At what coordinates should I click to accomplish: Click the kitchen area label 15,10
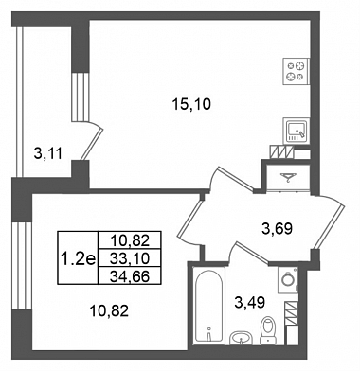191,104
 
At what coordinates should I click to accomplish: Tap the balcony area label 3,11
48,154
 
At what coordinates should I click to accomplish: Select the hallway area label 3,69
277,228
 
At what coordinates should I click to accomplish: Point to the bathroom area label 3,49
249,302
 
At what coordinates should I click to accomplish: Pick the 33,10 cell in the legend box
130,258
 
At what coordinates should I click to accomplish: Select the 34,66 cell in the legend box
130,276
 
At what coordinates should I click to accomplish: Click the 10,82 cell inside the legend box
130,241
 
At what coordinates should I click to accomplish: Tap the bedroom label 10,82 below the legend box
109,311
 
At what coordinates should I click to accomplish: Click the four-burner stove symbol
296,71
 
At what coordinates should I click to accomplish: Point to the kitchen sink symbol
297,131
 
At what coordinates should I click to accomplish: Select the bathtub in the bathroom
208,308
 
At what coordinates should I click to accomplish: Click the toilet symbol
267,330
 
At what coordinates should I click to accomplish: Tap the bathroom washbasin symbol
242,338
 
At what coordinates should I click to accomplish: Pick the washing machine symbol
288,279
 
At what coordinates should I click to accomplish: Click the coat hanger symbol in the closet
288,178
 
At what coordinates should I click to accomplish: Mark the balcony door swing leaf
92,144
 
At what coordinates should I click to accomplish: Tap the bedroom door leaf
189,218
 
